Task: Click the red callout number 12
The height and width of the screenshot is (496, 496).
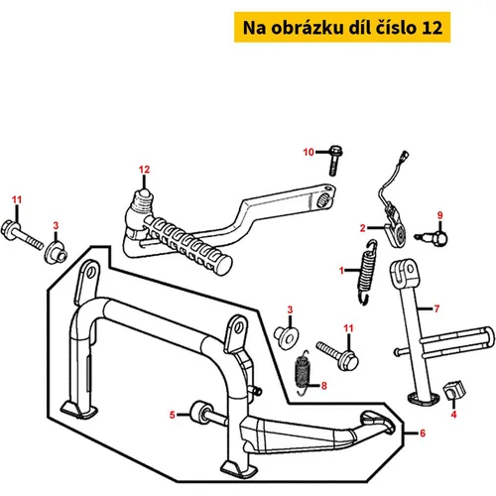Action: coord(144,170)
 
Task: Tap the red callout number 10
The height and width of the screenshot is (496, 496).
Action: coord(309,152)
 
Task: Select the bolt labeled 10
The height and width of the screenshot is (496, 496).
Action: coord(335,160)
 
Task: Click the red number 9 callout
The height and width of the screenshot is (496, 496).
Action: coord(439,215)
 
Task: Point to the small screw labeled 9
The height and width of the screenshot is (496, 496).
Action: coord(433,237)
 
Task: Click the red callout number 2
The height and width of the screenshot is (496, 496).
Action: coord(363,228)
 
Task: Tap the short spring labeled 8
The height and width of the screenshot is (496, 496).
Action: coord(304,373)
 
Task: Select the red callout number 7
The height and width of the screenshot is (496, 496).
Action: coord(436,309)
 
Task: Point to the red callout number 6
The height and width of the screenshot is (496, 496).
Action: coord(423,434)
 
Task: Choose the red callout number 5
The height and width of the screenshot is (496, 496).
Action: coord(172,415)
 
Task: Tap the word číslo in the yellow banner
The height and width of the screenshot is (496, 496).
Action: coord(396,28)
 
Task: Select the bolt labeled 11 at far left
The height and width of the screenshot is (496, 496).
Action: coord(22,234)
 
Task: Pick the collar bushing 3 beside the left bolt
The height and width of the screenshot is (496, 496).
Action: coord(56,253)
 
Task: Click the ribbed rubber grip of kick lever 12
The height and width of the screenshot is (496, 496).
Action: coord(188,245)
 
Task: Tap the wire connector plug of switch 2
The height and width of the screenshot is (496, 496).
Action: coord(404,155)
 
